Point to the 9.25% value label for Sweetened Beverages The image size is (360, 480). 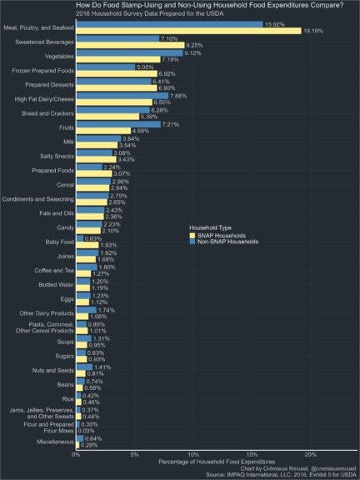[x=195, y=45]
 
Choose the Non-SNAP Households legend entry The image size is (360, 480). [x=227, y=242]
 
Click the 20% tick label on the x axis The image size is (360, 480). [x=311, y=455]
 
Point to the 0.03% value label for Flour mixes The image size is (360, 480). [x=87, y=430]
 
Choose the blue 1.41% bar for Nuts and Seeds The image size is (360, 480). [x=84, y=367]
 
